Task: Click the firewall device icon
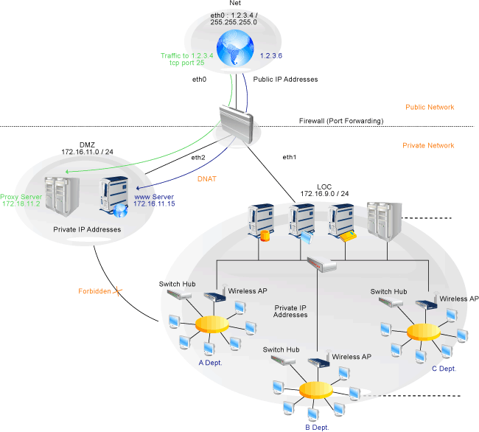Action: click(x=239, y=123)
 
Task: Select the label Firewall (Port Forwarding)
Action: click(x=341, y=121)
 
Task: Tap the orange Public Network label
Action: click(x=430, y=107)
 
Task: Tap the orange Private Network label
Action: click(x=428, y=146)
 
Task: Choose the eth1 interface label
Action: click(x=289, y=157)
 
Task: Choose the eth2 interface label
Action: click(x=197, y=157)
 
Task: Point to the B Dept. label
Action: click(x=318, y=426)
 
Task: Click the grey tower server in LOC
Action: click(x=385, y=219)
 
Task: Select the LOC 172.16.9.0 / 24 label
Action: click(x=324, y=189)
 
